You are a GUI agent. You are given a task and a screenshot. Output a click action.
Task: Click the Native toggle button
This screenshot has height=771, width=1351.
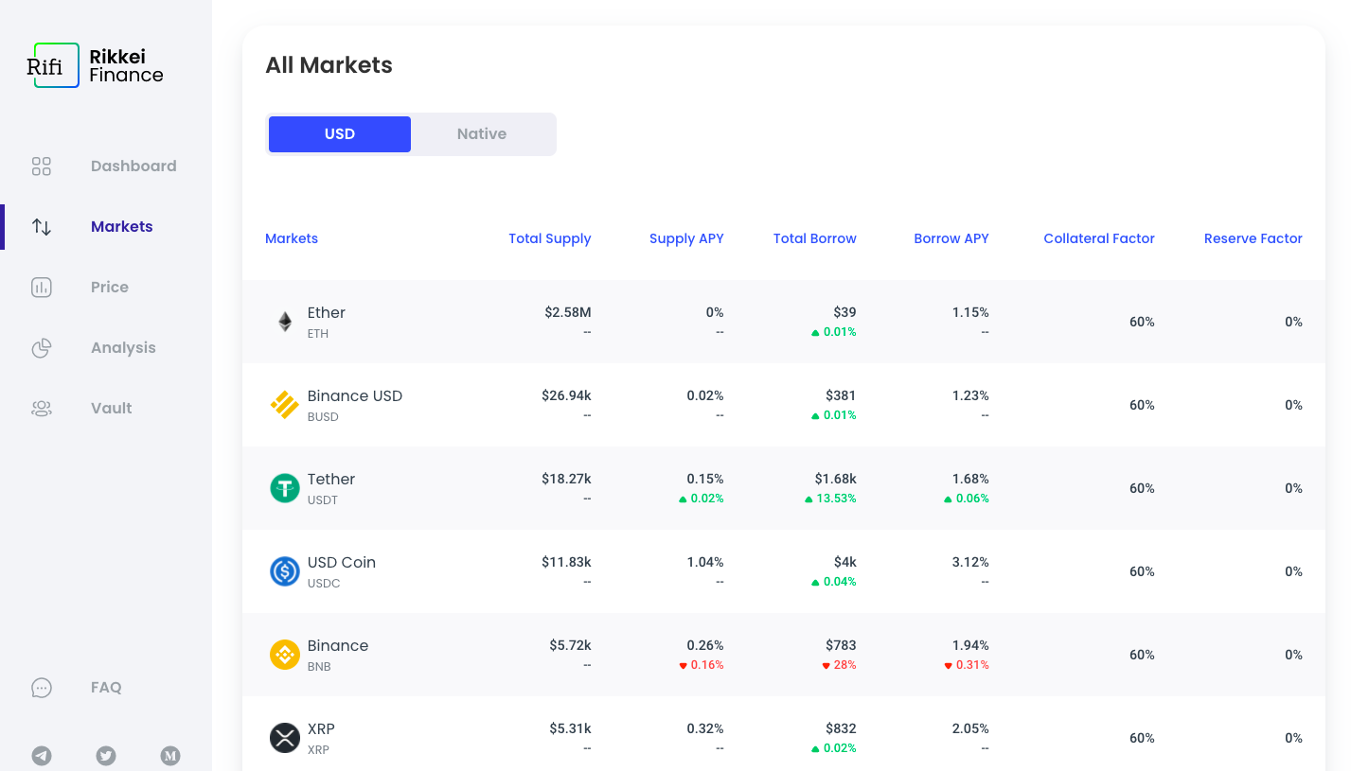click(482, 134)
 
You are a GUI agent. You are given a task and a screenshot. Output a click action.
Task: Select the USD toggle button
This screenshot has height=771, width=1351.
click(340, 134)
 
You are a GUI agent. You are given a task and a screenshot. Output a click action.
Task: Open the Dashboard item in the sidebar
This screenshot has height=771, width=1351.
click(133, 166)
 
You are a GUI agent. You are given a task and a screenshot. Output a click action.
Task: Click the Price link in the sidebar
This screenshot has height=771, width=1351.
click(110, 288)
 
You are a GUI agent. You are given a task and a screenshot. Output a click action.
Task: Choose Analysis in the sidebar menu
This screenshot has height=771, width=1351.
click(123, 348)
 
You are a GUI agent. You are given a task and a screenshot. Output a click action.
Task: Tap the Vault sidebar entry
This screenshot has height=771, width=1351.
click(112, 409)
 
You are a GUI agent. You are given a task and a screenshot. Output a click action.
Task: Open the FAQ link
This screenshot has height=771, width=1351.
click(106, 688)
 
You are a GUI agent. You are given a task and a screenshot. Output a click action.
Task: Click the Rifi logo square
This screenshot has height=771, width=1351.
click(56, 65)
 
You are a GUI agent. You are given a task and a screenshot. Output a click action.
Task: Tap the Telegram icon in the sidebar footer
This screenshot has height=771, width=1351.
click(42, 756)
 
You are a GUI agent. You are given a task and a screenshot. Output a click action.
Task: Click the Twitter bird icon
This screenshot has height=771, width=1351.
click(106, 756)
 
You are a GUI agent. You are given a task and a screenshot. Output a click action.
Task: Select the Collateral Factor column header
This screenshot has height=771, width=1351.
click(1099, 239)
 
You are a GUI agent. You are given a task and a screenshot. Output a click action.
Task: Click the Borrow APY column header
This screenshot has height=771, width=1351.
click(951, 239)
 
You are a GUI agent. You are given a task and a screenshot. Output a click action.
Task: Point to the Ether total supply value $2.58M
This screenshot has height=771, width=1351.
click(568, 313)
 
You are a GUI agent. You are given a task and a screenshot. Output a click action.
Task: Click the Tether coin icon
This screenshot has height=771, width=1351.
click(285, 488)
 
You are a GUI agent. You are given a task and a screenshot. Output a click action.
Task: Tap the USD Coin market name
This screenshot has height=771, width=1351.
click(342, 563)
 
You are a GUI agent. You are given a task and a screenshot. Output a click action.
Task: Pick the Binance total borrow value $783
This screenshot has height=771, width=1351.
click(841, 646)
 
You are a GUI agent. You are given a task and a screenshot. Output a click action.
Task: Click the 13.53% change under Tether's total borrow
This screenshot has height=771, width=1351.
click(836, 499)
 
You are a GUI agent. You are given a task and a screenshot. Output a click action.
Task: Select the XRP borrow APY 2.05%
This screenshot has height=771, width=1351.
click(970, 729)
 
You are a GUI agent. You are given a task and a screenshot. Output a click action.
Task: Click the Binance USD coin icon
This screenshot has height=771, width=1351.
click(285, 405)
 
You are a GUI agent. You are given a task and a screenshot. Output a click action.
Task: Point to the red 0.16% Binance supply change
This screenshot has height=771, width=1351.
click(706, 665)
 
